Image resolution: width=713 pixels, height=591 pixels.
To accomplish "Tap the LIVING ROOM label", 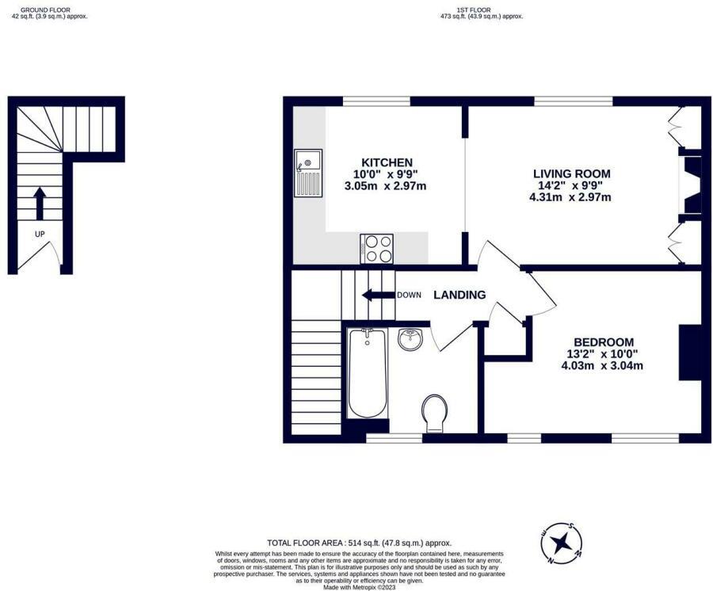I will (571, 173).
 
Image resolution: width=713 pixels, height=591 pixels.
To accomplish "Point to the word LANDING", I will (459, 295).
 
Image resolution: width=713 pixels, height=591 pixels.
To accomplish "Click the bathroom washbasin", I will (410, 340).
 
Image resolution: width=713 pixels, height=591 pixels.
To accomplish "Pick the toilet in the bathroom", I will (434, 413).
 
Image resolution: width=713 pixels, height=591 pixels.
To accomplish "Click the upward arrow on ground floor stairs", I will (39, 203).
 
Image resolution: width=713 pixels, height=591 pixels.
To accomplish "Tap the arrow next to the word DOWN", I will (377, 295).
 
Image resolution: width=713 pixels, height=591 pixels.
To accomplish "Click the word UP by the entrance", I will (39, 234).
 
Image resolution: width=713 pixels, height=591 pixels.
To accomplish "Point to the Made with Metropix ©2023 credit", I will (359, 586).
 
